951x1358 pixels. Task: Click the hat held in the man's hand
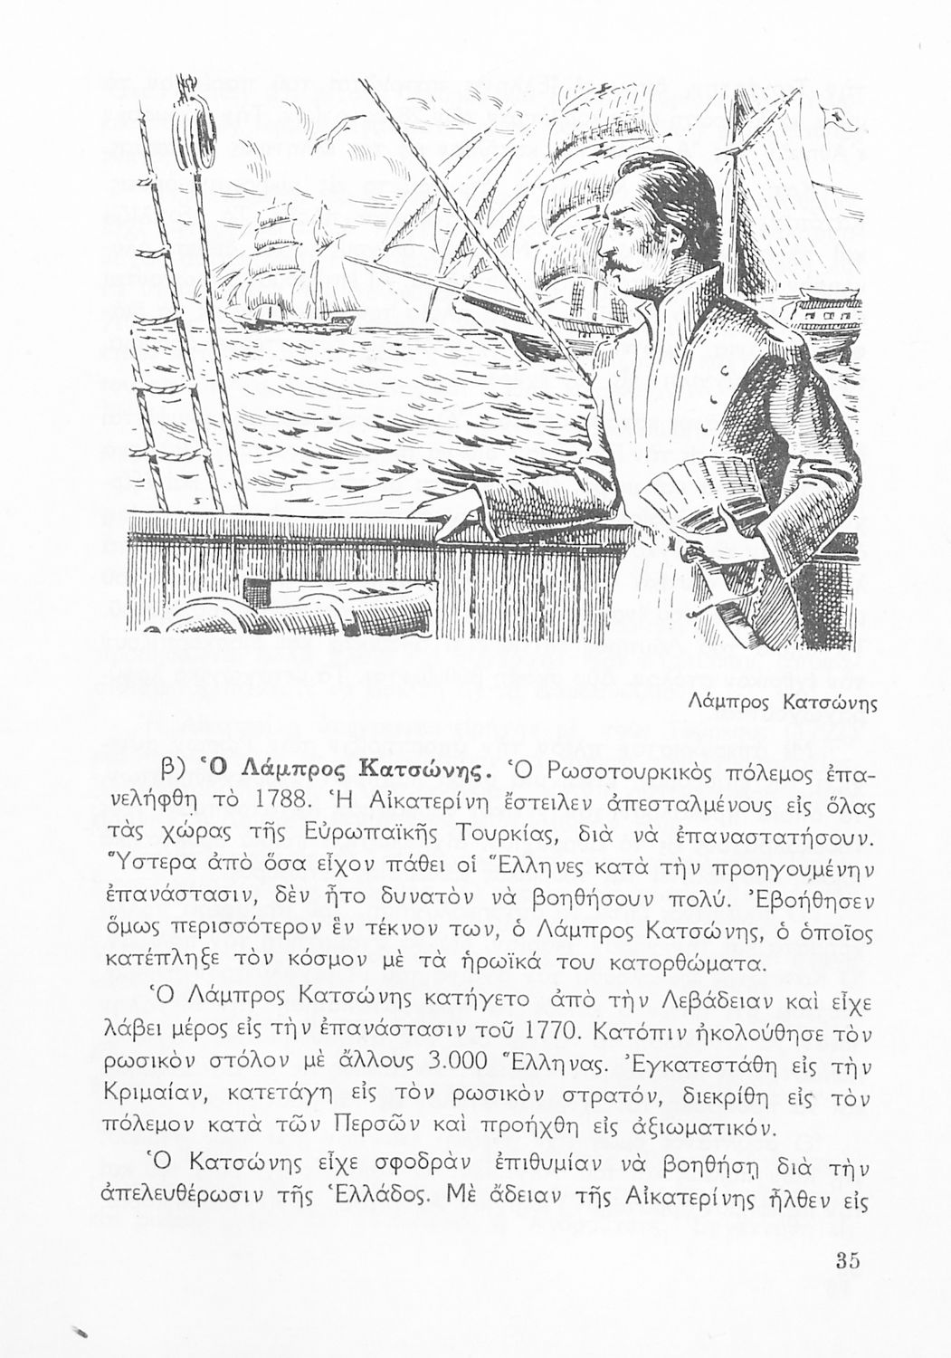(688, 507)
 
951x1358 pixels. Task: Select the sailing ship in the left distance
(271, 272)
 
